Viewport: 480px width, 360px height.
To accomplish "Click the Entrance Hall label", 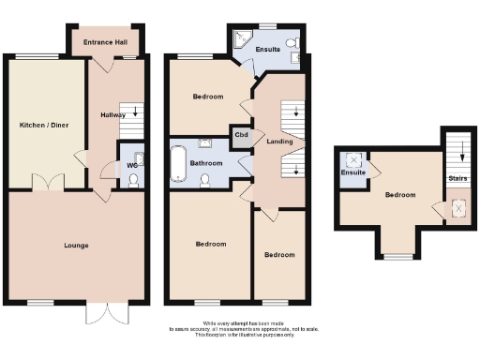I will pyautogui.click(x=104, y=42).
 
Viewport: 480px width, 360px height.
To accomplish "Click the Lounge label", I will pyautogui.click(x=77, y=246).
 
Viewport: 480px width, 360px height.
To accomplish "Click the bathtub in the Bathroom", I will pyautogui.click(x=178, y=163).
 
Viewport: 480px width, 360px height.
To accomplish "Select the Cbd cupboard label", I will pyautogui.click(x=241, y=134).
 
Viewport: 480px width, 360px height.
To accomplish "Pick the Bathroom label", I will pyautogui.click(x=206, y=163).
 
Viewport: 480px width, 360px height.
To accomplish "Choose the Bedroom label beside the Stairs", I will pyautogui.click(x=400, y=195).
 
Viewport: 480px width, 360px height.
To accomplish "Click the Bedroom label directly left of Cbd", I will pyautogui.click(x=208, y=97).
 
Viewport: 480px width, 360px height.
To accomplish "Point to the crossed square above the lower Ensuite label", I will pyautogui.click(x=353, y=158).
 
